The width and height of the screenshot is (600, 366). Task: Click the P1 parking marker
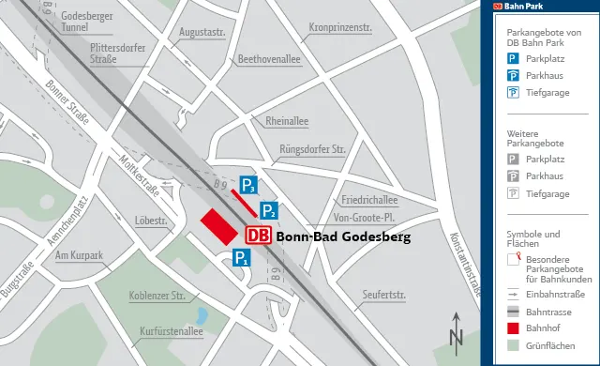point(241,257)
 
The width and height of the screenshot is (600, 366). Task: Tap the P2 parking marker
point(268,210)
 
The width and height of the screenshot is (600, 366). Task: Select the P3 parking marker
point(247,184)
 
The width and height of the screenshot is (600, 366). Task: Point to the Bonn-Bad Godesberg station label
point(344,237)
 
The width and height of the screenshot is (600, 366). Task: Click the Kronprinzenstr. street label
point(339,27)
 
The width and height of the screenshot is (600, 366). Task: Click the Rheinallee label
point(294,122)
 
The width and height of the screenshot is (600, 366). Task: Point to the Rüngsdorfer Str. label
point(313,149)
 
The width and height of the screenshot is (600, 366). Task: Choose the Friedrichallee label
point(369,200)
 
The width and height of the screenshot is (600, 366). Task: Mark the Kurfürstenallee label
point(172,331)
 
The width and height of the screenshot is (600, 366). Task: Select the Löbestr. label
point(151,221)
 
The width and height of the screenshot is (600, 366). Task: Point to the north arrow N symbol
point(456,333)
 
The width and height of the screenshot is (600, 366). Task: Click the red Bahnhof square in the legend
point(513,328)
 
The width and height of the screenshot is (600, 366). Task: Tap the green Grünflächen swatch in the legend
point(513,347)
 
